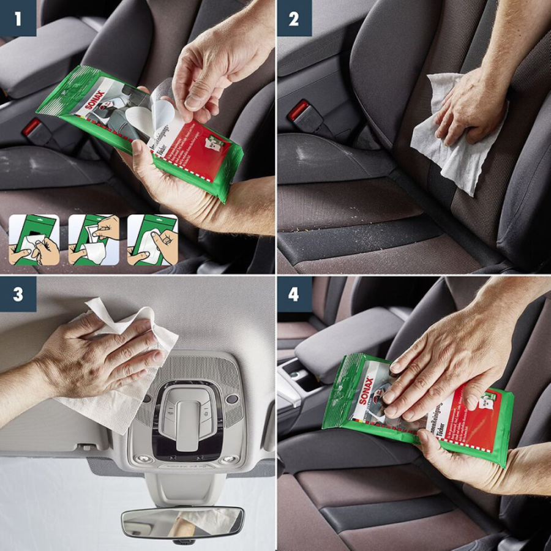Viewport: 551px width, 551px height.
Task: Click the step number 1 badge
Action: (18, 18)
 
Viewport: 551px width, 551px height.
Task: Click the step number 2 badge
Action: (294, 18)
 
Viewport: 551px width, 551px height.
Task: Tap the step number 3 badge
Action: (18, 294)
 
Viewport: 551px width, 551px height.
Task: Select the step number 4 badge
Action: (294, 294)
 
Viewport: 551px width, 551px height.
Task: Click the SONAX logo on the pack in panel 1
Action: (95, 99)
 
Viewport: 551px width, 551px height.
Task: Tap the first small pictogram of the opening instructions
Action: (34, 239)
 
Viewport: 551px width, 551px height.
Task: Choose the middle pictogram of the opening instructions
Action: (94, 239)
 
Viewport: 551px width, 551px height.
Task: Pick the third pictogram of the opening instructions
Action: (152, 239)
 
